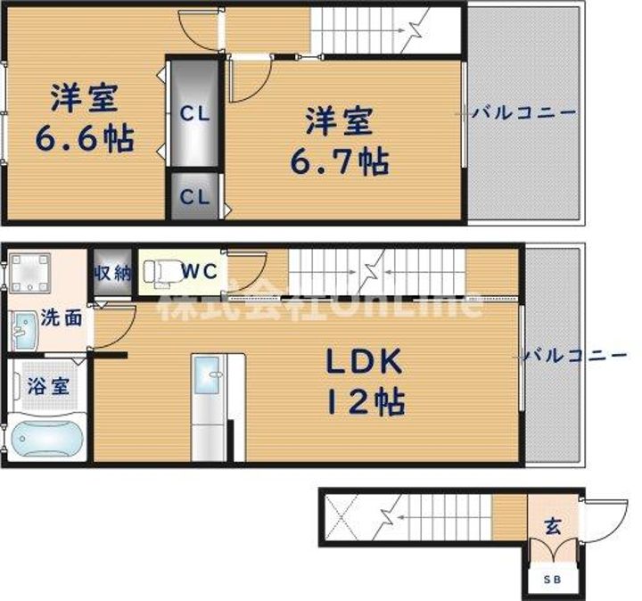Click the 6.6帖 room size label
point(85,138)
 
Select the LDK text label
point(364,361)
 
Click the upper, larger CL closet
point(194,113)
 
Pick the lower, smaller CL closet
point(194,196)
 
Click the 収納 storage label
point(112,273)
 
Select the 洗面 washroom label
point(62,318)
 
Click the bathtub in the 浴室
point(45,438)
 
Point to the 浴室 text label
point(48,385)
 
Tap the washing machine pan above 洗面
point(29,273)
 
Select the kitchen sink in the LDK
point(207,375)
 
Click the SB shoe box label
point(552,580)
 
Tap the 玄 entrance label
point(553,526)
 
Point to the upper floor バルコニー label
point(524,112)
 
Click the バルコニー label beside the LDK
point(575,355)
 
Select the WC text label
point(200,271)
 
